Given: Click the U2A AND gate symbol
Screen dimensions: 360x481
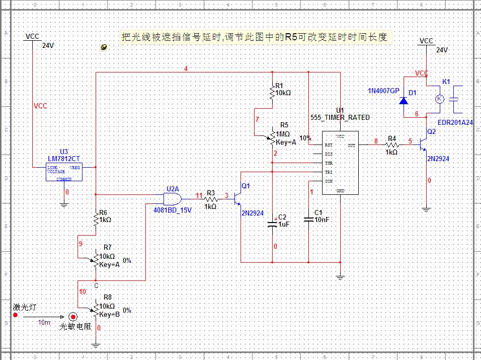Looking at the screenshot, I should [x=173, y=198].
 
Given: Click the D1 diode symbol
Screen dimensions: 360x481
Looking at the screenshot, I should [x=404, y=100].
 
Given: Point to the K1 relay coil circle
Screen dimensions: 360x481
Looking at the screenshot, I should [x=439, y=99].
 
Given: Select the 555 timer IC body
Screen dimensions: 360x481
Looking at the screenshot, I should [x=340, y=162].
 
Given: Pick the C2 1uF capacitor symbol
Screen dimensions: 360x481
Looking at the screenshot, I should [x=272, y=223].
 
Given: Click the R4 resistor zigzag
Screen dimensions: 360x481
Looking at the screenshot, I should [x=391, y=145].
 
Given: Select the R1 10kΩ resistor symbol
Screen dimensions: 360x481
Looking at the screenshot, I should [x=272, y=92].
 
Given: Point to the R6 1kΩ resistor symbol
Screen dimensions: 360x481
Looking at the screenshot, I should [x=95, y=219].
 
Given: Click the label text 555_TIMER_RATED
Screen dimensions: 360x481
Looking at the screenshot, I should [x=340, y=117].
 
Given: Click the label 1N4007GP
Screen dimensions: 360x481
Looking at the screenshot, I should [x=383, y=91].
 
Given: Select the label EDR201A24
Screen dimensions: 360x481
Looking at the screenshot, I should [x=455, y=122].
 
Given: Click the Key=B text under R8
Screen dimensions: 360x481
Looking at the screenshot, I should [x=109, y=314].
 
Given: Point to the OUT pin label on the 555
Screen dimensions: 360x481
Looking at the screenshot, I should [x=351, y=145].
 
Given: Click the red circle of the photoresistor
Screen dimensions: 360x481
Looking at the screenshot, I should [x=73, y=317].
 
